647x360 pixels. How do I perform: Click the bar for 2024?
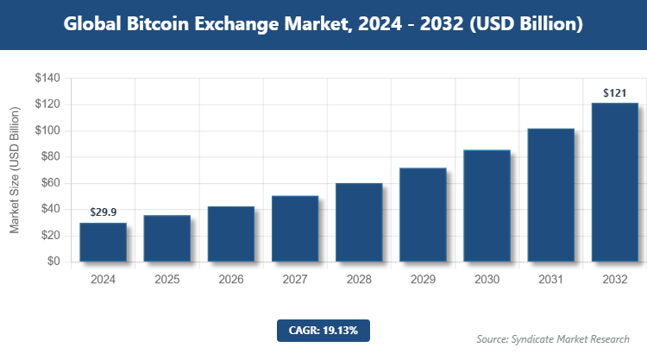[x=104, y=242]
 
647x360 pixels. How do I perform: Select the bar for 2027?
[x=295, y=228]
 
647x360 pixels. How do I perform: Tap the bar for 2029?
[x=423, y=214]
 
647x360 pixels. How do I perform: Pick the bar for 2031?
[x=550, y=194]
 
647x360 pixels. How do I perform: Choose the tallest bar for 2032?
[x=615, y=182]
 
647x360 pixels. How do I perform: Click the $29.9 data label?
[x=104, y=212]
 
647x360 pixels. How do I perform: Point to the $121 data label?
[x=615, y=92]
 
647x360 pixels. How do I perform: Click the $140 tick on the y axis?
[x=47, y=79]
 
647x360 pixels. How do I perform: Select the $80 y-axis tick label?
[x=49, y=157]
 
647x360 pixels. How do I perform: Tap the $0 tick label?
[x=53, y=261]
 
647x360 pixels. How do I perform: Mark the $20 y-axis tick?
[x=49, y=235]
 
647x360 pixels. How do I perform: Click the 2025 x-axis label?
[x=167, y=280]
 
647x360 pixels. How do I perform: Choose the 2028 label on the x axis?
[x=359, y=280]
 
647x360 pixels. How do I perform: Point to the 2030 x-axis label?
[x=487, y=280]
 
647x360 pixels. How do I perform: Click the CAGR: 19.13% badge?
[x=323, y=330]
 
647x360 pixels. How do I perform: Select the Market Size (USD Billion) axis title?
[x=15, y=170]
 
